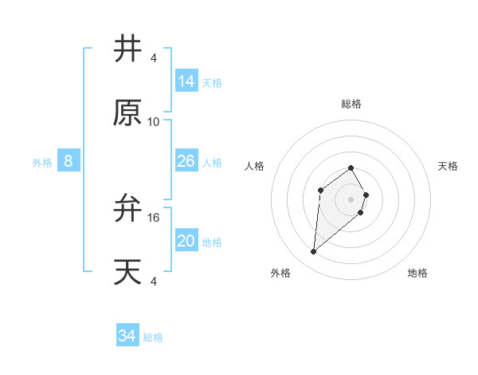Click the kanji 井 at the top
pyautogui.click(x=128, y=49)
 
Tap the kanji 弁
pyautogui.click(x=128, y=209)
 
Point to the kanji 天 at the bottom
pyautogui.click(x=128, y=272)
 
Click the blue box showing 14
pyautogui.click(x=186, y=81)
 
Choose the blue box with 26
pyautogui.click(x=186, y=161)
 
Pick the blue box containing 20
pyautogui.click(x=186, y=241)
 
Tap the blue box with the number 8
pyautogui.click(x=69, y=161)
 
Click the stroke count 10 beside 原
pyautogui.click(x=154, y=121)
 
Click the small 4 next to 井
pyautogui.click(x=154, y=57)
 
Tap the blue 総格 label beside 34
pyautogui.click(x=153, y=337)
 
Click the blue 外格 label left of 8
pyautogui.click(x=42, y=163)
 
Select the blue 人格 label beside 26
pyautogui.click(x=212, y=163)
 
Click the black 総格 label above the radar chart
pyautogui.click(x=351, y=104)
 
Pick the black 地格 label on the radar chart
pyautogui.click(x=417, y=273)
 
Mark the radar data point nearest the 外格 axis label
pyautogui.click(x=314, y=252)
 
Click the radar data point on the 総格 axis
pyautogui.click(x=351, y=168)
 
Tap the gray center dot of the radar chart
pyautogui.click(x=351, y=199)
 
